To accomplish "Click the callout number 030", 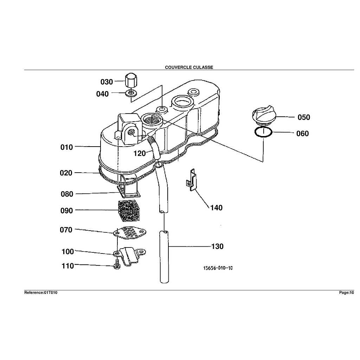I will (107, 82).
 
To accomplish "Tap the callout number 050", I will (304, 117).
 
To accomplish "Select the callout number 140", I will (216, 208).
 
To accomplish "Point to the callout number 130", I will (217, 246).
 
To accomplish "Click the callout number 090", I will (66, 211).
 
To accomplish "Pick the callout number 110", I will (67, 266).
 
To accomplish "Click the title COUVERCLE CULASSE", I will (189, 67).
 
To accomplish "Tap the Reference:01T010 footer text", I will (41, 292).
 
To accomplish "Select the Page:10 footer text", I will (346, 292).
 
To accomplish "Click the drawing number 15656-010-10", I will (218, 268).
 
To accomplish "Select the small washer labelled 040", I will (131, 94).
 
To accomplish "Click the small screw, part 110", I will (117, 266).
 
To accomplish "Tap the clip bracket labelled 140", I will (191, 180).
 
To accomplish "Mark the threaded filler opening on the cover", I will (152, 121).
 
